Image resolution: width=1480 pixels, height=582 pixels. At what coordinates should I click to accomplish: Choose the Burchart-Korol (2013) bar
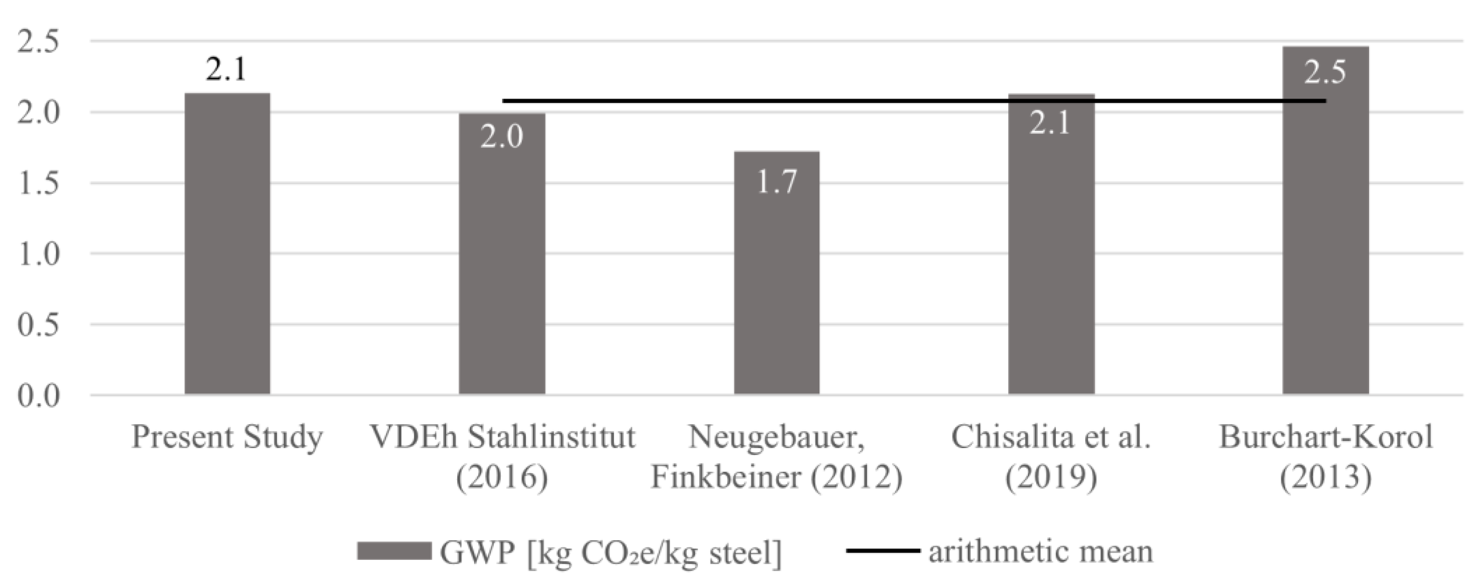pos(1325,229)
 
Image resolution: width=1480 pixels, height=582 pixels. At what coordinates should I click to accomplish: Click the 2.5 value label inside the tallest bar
pos(1325,72)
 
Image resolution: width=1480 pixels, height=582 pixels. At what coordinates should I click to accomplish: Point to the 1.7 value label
pos(776,182)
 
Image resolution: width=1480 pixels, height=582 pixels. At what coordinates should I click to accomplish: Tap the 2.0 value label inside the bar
pos(502,137)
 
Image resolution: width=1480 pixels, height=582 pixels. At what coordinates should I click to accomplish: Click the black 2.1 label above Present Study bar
pos(226,70)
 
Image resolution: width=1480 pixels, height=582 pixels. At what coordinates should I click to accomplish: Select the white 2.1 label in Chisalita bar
pos(1050,123)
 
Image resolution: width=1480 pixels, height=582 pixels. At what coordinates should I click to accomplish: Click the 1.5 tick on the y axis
pos(39,184)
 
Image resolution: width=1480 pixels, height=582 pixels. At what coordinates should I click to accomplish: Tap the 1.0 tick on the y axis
pos(39,254)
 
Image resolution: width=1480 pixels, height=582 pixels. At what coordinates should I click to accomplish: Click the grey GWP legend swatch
pos(394,550)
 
